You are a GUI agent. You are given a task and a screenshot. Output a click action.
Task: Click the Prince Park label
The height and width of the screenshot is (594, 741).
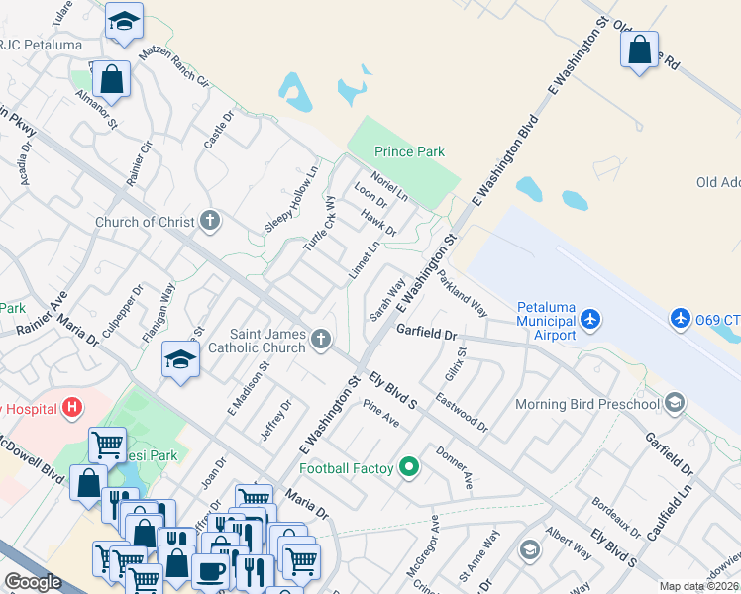409,151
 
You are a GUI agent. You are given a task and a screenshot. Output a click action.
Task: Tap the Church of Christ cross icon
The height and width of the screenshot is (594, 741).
209,221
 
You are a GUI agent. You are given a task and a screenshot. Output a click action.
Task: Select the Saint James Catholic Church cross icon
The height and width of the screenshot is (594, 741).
320,340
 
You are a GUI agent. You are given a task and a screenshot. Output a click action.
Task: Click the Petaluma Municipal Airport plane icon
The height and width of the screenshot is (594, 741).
591,318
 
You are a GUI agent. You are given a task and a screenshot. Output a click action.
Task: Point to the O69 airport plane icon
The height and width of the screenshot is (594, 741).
681,318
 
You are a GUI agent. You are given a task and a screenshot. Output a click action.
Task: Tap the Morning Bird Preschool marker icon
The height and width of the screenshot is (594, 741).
675,403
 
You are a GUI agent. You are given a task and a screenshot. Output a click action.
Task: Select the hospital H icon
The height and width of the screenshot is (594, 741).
70,406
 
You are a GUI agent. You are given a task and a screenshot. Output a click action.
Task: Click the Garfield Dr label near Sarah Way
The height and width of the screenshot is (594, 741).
431,334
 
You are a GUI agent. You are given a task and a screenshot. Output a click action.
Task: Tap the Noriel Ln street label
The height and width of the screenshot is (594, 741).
389,182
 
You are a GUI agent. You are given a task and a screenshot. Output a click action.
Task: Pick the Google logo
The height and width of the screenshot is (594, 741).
33,582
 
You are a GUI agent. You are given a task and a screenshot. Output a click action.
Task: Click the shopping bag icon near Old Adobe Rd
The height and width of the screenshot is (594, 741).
640,48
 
